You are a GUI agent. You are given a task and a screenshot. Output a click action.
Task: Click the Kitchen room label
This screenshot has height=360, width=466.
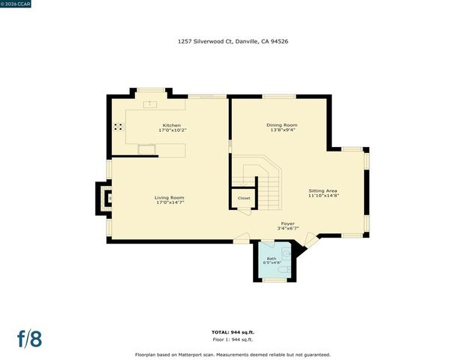171,124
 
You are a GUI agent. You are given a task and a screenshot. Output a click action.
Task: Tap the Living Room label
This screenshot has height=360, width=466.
170,197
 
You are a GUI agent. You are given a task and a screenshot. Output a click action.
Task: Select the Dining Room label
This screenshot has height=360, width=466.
282,124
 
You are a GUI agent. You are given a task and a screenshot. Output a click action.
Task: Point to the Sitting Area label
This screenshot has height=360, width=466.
323,190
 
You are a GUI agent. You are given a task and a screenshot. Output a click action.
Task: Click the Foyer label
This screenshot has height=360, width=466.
287,223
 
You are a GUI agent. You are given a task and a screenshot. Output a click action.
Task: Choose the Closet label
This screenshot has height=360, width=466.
244,198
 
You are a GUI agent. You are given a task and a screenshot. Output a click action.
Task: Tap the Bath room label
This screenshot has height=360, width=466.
272,258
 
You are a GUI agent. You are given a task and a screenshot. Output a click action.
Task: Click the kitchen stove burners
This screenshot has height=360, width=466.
119,127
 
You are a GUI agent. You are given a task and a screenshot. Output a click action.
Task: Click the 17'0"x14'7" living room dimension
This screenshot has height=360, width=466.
170,202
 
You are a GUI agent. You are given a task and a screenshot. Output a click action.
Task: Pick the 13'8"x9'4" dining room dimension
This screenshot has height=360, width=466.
282,130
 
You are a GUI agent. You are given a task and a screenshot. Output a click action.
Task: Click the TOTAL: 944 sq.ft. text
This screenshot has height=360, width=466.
233,331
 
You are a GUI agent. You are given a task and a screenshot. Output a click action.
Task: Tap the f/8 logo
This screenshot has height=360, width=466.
30,338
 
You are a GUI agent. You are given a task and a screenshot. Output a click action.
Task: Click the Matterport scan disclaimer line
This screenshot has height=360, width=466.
233,354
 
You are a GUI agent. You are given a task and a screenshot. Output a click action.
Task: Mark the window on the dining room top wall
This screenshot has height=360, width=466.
278,96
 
